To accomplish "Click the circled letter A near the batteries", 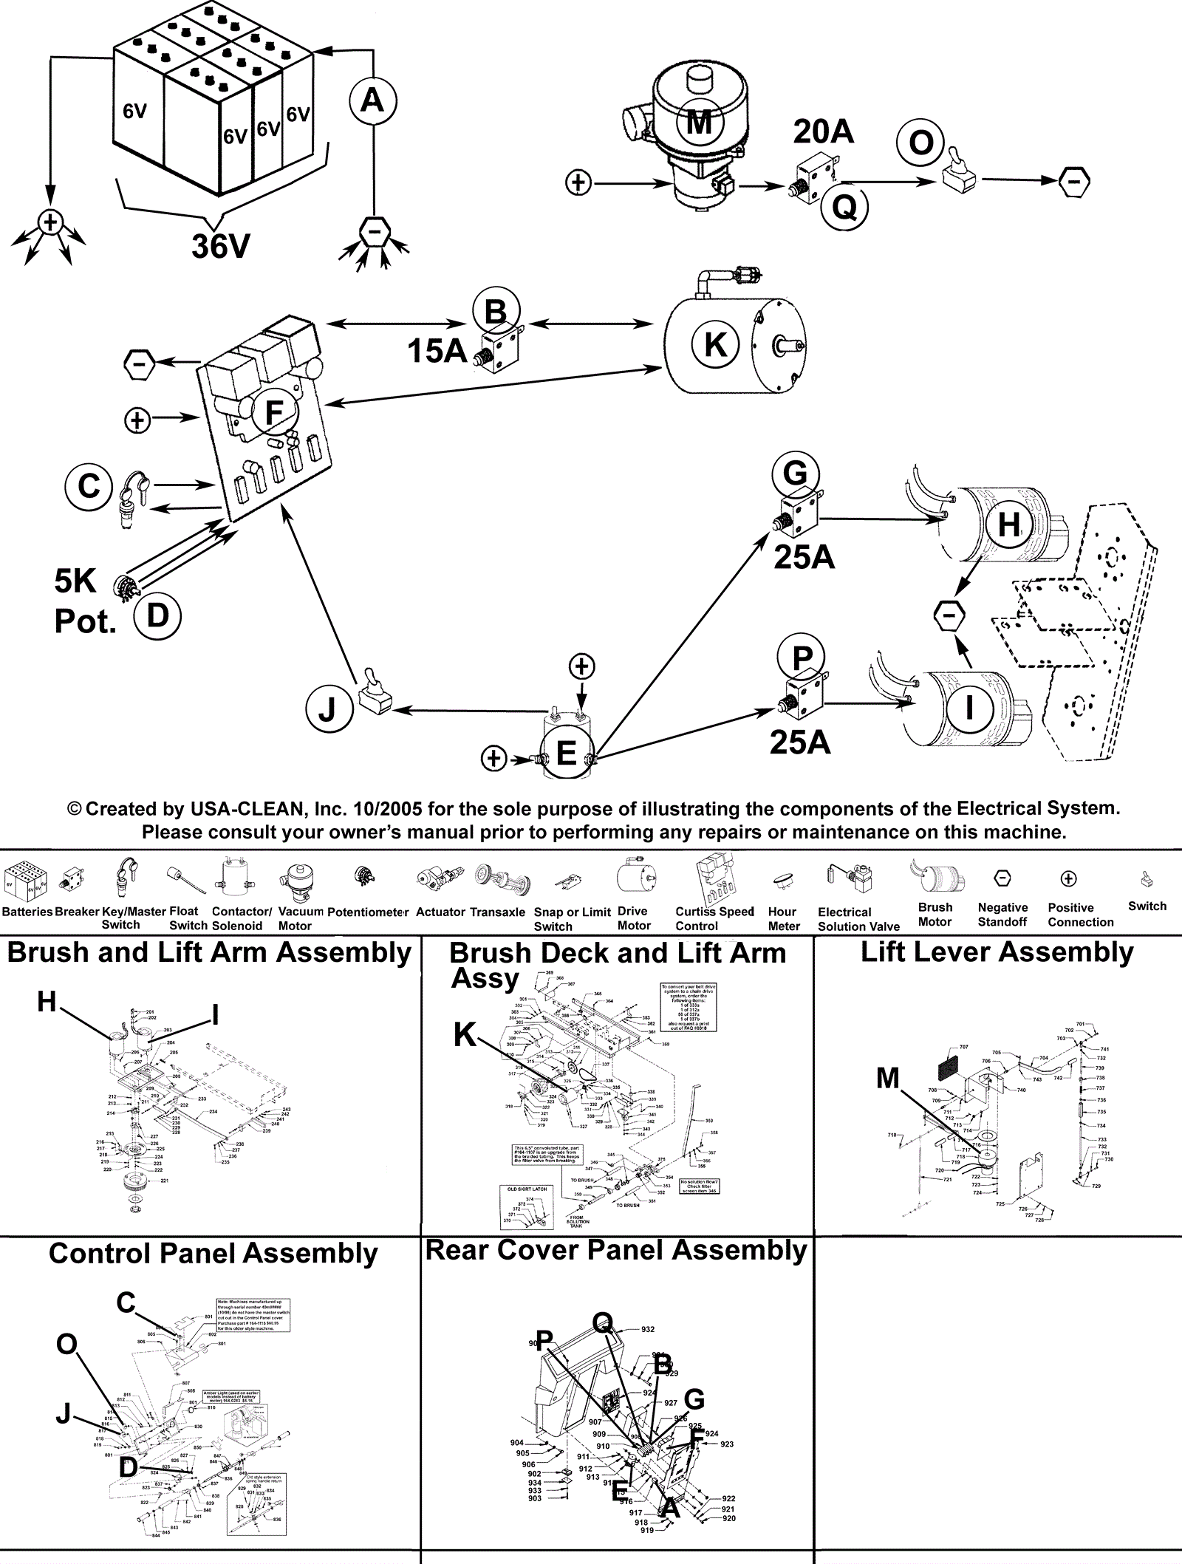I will click(372, 100).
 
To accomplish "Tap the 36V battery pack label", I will click(222, 246).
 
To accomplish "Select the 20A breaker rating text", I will click(823, 132).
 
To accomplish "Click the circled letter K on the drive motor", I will click(714, 344).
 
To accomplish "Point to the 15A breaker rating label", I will click(437, 351).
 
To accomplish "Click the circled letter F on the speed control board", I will click(274, 412).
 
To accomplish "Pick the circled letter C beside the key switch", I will click(89, 487).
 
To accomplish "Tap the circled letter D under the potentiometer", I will click(157, 615).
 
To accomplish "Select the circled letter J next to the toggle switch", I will click(327, 710).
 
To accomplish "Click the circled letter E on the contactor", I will click(566, 754).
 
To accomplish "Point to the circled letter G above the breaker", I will click(795, 473).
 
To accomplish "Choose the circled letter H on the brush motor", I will click(1008, 525).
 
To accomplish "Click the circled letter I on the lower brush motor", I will click(969, 708).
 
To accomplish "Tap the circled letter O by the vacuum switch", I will click(920, 143).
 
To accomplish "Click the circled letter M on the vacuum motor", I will click(698, 121).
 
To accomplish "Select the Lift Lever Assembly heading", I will click(997, 952).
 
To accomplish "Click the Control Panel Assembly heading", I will click(213, 1254).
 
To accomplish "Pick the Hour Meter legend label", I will click(784, 918).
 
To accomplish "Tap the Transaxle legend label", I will click(497, 912).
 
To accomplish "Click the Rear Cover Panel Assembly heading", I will click(616, 1250).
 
